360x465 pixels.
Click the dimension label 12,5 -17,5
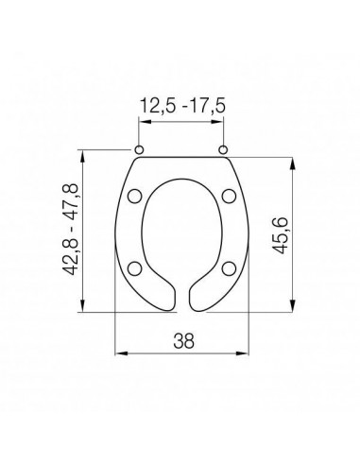[x=182, y=106]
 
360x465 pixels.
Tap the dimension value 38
[x=183, y=340]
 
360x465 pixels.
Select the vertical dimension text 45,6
[x=280, y=235]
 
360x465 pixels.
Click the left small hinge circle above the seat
[x=139, y=149]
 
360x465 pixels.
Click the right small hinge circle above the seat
[x=223, y=149]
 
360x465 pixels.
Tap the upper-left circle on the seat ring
[x=135, y=196]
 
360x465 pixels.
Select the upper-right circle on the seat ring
[x=229, y=196]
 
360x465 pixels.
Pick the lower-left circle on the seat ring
[x=135, y=268]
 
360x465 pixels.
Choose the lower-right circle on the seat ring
[x=229, y=268]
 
